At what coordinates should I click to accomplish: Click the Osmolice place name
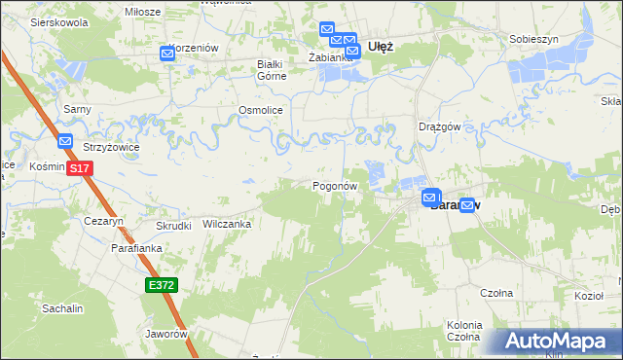[260, 111]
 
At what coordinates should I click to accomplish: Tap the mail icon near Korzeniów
[167, 54]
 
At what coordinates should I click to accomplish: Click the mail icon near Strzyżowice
[65, 141]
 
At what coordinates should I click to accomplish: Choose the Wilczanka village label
[227, 224]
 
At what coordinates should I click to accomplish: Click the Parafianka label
[134, 249]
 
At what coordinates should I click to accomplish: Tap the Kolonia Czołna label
[464, 330]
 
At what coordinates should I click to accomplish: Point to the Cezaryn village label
[103, 222]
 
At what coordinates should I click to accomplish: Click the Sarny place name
[77, 109]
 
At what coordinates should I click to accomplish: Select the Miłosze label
[142, 11]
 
